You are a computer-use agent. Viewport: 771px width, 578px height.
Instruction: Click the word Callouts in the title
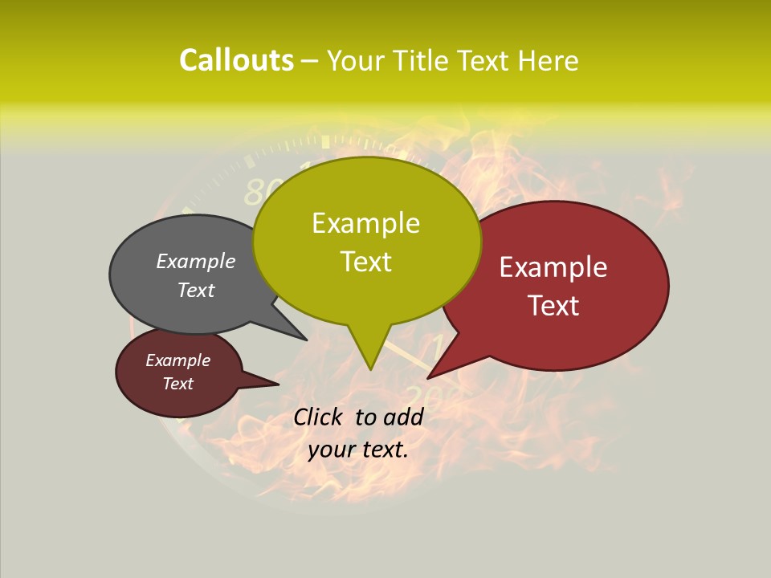[236, 60]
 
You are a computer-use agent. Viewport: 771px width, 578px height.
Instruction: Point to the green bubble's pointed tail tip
[370, 368]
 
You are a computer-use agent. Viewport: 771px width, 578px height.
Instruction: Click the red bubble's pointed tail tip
[429, 377]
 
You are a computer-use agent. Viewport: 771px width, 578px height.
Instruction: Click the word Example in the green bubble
[365, 223]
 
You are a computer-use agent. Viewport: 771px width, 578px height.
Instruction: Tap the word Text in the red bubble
[553, 306]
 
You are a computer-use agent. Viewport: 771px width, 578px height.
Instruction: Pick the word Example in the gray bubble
[195, 261]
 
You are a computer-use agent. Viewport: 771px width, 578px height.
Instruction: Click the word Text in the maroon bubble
[177, 384]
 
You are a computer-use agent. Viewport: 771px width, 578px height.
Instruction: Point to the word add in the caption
[403, 417]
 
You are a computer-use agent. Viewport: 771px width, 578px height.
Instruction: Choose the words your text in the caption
[357, 450]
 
